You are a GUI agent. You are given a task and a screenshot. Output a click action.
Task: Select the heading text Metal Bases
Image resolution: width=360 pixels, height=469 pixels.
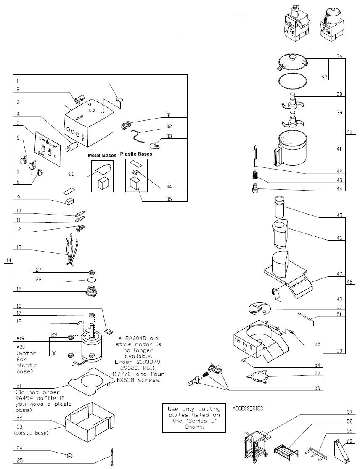coord(102,155)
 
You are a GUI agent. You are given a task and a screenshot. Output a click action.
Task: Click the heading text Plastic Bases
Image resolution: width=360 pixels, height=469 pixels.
coord(136,154)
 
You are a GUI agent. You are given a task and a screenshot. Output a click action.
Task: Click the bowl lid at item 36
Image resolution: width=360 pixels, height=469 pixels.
coord(292,62)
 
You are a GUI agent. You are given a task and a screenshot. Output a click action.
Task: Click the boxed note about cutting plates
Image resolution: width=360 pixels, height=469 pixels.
coord(193,418)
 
